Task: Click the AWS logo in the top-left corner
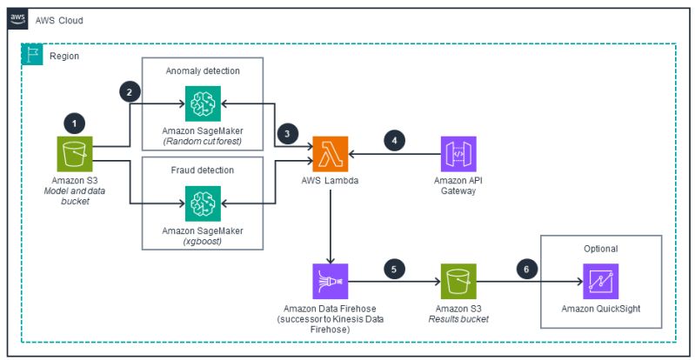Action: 17,18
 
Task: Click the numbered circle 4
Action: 396,139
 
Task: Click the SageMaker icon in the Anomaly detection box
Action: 201,104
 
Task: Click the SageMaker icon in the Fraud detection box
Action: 201,203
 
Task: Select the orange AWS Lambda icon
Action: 329,154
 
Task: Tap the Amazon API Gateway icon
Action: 458,154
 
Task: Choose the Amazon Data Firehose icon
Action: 329,281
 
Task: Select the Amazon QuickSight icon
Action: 600,281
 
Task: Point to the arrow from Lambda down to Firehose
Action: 329,226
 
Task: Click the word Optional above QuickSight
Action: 601,248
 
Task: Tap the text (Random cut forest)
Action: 201,141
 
